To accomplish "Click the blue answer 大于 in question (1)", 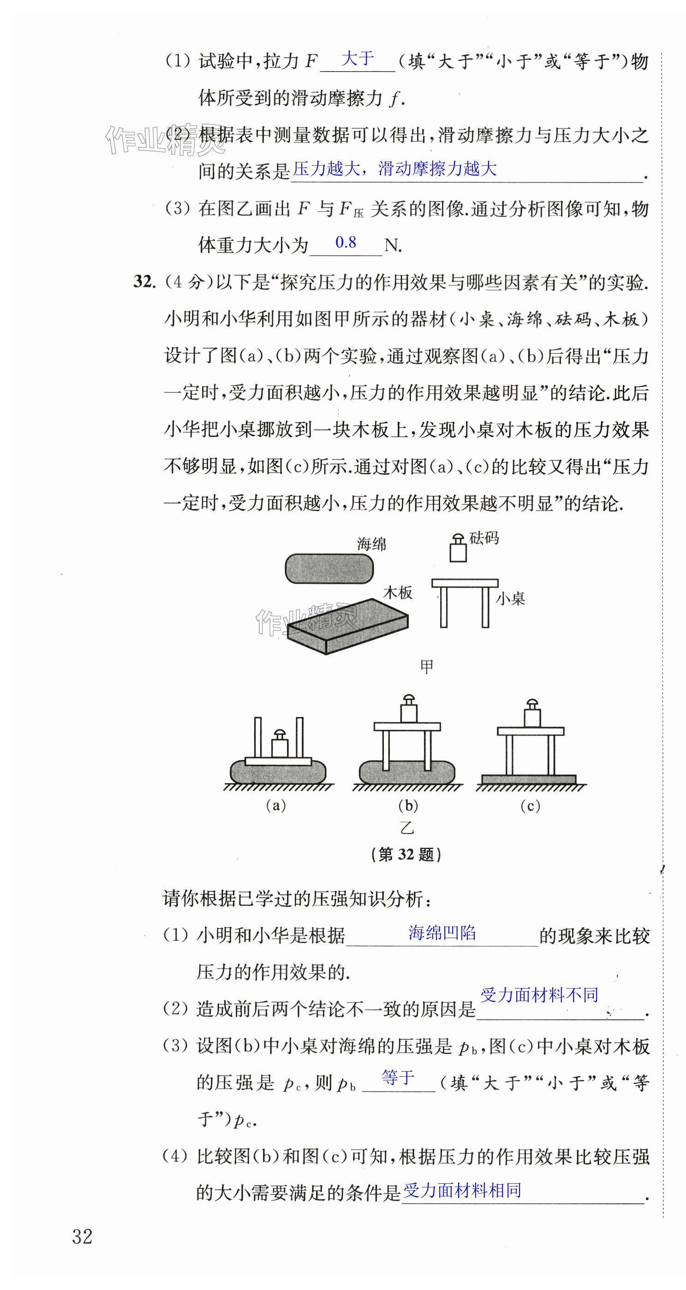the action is tap(357, 59).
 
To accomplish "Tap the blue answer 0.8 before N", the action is tap(346, 242).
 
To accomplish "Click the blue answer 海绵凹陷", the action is tap(442, 933).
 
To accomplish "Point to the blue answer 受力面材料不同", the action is tap(539, 995).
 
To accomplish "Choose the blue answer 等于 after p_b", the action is tap(398, 1077).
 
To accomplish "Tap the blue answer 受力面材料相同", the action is tap(462, 1190).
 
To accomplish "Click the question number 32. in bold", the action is tap(144, 282).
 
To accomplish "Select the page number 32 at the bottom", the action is tap(82, 1236).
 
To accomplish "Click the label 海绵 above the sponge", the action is tap(371, 544).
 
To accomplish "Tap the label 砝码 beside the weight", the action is tap(484, 538).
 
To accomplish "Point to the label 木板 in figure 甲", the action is tap(397, 592).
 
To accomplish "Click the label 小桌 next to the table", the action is tap(510, 598).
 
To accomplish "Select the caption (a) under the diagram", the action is tap(276, 805).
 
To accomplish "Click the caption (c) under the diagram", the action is tap(531, 806).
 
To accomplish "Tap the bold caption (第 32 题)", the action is tap(406, 854).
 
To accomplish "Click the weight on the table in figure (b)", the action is tap(409, 708).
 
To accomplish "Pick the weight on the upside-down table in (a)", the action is tap(280, 743).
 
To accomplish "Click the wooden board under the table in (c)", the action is tap(529, 780).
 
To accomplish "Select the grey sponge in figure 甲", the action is tap(329, 568).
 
